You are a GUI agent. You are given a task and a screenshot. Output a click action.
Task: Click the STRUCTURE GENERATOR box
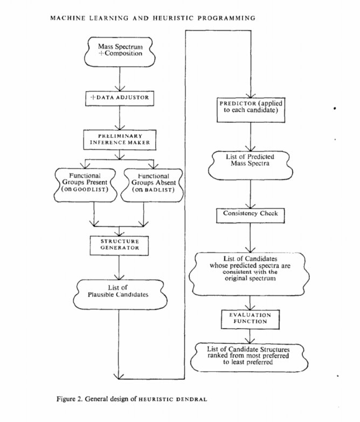[x=119, y=244]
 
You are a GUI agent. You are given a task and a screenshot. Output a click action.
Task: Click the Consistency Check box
[x=250, y=213]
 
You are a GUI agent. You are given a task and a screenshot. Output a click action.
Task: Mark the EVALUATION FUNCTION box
[x=250, y=318]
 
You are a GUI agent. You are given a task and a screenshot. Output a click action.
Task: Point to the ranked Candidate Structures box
[x=250, y=356]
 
